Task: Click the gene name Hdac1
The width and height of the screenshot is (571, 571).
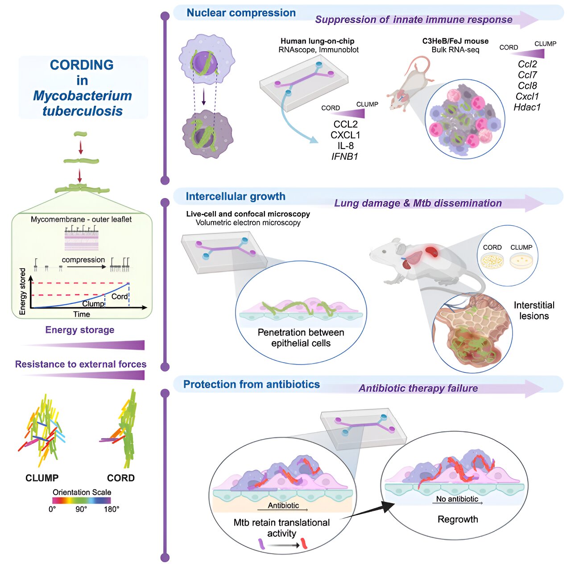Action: tap(527, 107)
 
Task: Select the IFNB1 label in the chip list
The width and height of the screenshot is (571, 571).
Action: tap(345, 157)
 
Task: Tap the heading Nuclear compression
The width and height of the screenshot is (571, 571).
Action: tap(241, 13)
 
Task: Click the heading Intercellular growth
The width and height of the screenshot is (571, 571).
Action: tap(236, 196)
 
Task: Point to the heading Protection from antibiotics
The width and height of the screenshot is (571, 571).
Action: tap(252, 385)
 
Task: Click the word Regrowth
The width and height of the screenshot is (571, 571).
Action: tap(458, 519)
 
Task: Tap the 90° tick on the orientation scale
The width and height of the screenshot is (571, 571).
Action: tap(81, 509)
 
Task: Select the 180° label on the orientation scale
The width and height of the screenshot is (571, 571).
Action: tap(112, 509)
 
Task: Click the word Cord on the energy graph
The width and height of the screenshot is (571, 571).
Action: tap(119, 297)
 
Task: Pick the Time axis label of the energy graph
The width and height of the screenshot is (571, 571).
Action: tap(82, 314)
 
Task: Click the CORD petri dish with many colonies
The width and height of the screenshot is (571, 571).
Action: tap(492, 261)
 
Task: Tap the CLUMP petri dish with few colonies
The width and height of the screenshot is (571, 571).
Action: tap(521, 261)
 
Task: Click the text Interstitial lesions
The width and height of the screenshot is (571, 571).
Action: tap(534, 310)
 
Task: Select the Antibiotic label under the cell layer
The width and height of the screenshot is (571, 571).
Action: tap(283, 505)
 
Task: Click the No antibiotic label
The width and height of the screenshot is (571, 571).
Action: tap(457, 499)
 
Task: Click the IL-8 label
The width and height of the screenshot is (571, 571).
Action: tap(345, 146)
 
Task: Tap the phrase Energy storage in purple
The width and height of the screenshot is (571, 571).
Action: tap(80, 330)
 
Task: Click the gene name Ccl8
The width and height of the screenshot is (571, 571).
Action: tap(527, 86)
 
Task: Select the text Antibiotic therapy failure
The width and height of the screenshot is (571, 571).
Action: tap(418, 389)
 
